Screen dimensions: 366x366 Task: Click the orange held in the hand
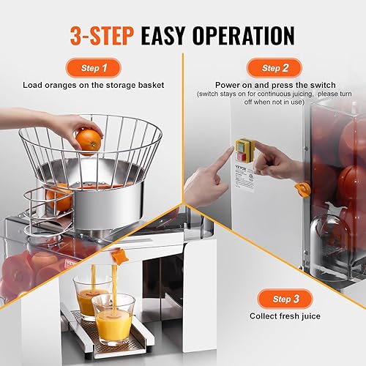pos(89,140)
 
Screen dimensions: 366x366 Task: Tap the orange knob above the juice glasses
pos(121,257)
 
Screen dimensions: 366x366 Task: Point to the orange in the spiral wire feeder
pos(60,198)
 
